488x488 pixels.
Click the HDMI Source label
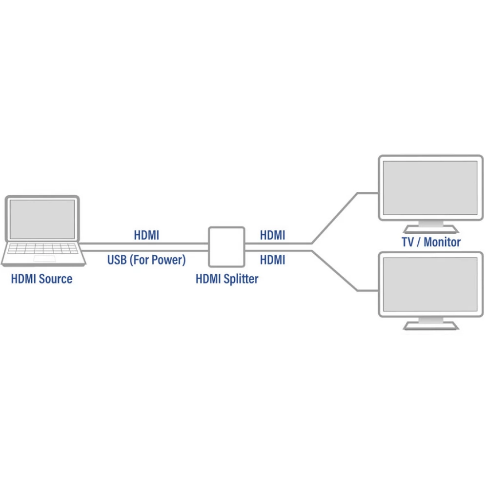(41, 279)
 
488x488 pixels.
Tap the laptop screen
(42, 220)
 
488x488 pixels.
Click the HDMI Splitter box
(226, 247)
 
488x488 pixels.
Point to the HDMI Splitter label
(227, 279)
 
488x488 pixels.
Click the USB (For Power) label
(146, 260)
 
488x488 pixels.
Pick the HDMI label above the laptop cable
(146, 235)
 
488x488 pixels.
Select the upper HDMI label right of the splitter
(272, 235)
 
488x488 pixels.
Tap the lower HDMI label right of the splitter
(272, 260)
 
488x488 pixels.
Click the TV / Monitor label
(431, 242)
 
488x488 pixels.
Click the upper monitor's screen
(430, 188)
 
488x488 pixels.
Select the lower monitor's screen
(430, 285)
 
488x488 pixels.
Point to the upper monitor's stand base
(430, 229)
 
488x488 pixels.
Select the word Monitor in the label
(442, 242)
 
